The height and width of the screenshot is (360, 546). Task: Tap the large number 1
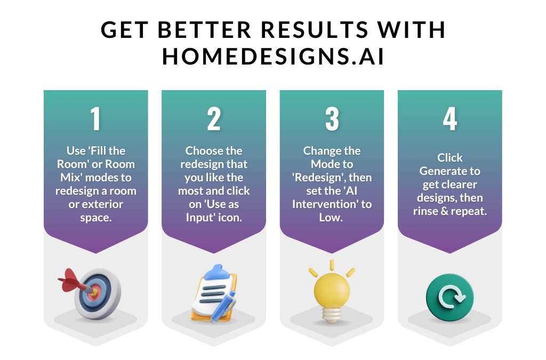[x=95, y=119]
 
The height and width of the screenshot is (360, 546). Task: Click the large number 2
[x=214, y=119]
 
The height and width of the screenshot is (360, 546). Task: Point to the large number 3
[x=332, y=119]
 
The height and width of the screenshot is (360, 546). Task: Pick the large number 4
[x=449, y=119]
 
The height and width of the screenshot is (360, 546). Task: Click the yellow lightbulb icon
[x=332, y=291]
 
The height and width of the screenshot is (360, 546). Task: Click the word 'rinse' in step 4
[x=427, y=211]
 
